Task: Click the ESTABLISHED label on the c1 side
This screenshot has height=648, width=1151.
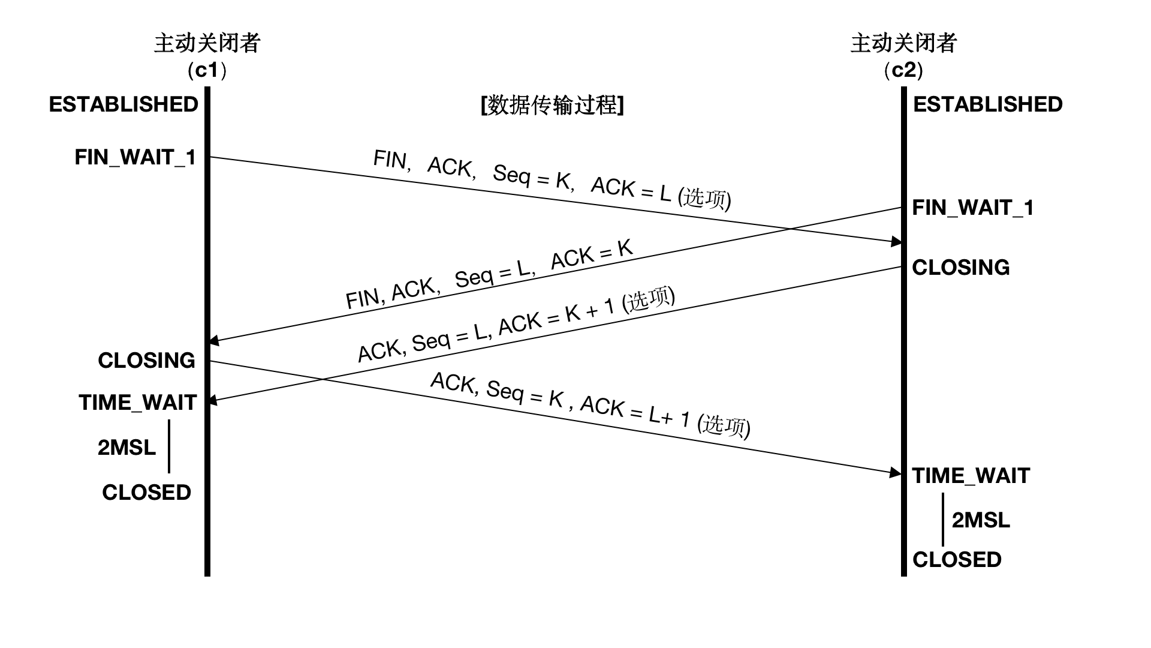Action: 123,104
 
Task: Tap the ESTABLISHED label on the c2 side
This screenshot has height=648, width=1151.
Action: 987,104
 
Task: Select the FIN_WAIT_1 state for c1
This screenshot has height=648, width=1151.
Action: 135,157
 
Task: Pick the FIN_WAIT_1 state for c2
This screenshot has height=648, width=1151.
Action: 973,208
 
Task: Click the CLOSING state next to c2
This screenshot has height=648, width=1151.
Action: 960,268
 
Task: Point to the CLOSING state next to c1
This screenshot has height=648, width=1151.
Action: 146,361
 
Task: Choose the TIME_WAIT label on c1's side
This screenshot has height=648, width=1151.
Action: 137,403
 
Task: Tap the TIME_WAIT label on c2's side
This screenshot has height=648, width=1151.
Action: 971,476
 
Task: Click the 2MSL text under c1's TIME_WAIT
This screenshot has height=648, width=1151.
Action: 126,448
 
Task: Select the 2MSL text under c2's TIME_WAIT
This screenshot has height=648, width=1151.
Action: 981,520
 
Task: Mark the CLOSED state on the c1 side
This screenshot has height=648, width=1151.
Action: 146,493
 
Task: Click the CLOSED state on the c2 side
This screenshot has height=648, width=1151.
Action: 957,560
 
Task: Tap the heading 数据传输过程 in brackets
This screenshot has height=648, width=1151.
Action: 552,105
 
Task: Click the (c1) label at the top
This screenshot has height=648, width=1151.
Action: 207,71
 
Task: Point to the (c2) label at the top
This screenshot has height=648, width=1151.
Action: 903,71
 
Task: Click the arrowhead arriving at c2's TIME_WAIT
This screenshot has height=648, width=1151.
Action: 896,473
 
